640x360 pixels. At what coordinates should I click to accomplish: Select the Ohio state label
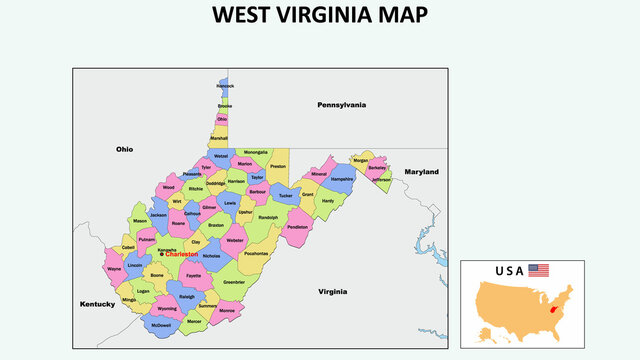tap(124, 149)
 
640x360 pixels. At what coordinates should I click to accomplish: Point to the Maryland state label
tap(421, 172)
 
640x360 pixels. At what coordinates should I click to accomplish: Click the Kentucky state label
tap(98, 302)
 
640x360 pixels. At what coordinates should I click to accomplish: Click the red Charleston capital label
tap(182, 255)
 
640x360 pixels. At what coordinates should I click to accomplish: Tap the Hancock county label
tap(225, 86)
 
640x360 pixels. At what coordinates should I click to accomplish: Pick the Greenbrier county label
tap(234, 282)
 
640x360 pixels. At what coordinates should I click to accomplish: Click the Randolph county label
tap(268, 216)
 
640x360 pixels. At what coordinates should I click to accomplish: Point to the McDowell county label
tap(160, 325)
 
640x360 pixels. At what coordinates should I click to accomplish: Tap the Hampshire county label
tap(342, 181)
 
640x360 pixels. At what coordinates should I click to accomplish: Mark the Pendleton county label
tap(298, 227)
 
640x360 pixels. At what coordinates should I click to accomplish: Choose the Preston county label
tap(278, 166)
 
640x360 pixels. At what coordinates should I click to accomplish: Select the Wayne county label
tap(114, 268)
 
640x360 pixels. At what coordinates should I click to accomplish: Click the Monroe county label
tap(227, 311)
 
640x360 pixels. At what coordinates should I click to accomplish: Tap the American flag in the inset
tap(539, 270)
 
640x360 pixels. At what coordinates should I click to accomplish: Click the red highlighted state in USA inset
tap(554, 311)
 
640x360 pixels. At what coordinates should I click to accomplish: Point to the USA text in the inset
tap(509, 270)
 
